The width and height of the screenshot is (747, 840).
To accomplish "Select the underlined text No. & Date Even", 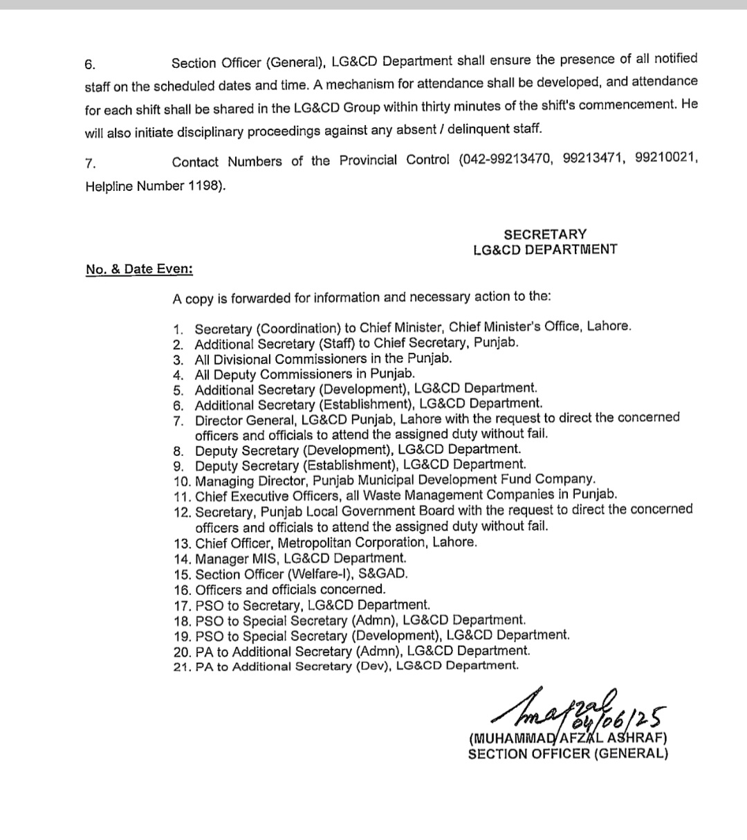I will [x=140, y=269].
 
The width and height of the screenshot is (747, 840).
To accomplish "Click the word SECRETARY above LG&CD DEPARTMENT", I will [x=545, y=234].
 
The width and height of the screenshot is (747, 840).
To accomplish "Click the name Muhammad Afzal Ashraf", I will [x=568, y=738].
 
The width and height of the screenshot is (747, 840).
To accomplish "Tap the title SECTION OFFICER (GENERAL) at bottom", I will [x=568, y=754].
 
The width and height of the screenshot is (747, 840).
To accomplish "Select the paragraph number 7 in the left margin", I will [x=90, y=163].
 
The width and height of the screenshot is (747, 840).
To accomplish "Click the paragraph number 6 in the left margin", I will [x=90, y=64].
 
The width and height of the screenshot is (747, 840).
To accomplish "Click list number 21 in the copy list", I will [x=183, y=666].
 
